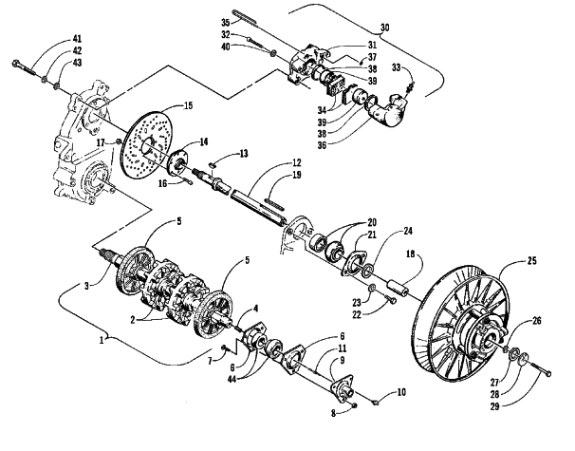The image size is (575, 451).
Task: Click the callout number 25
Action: coord(531,261)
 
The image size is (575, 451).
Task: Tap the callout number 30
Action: coord(384,28)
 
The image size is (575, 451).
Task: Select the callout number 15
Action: coord(188,105)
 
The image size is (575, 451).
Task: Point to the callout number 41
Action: coord(77,39)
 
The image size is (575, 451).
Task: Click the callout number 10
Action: coord(401,392)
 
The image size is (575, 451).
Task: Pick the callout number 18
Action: coord(410,254)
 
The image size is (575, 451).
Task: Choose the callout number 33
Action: coord(397,67)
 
